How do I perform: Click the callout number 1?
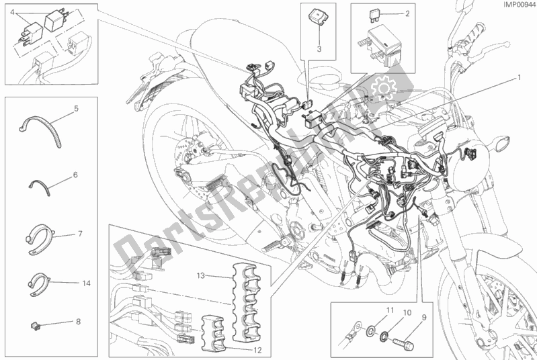tap(519, 77)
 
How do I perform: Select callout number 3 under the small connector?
tap(320, 49)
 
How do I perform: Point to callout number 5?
tap(76, 108)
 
